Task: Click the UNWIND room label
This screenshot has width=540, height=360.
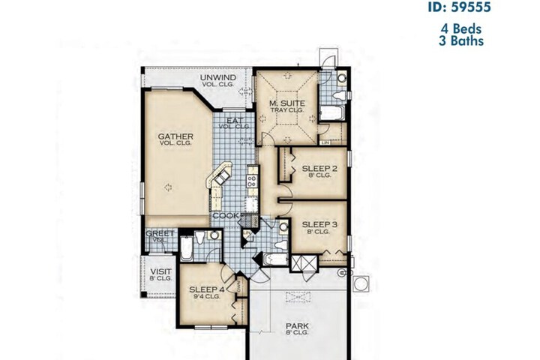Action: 218,78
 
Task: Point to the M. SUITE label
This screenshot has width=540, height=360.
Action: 285,104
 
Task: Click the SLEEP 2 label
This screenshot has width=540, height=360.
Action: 319,169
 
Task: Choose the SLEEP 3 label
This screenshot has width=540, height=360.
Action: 319,223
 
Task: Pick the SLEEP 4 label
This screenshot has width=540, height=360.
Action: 207,289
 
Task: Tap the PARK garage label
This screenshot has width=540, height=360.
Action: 297,326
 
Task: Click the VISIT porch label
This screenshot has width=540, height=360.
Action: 160,271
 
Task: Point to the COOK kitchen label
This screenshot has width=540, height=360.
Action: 225,216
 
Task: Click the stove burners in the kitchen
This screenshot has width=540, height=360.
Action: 252,183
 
